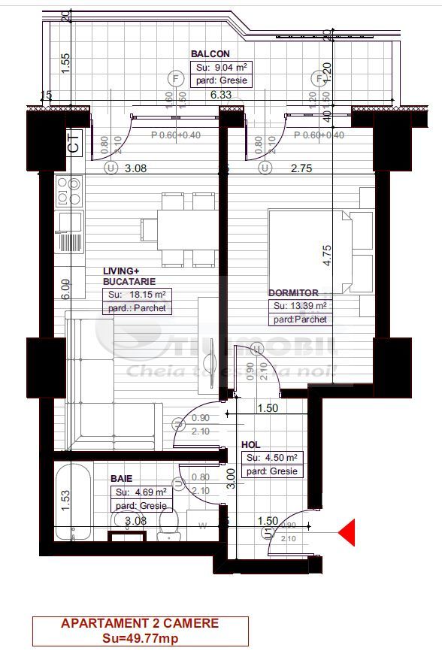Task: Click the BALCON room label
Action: coord(210,54)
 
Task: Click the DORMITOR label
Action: coord(293,292)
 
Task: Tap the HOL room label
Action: coord(251,444)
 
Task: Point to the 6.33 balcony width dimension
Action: coord(221,95)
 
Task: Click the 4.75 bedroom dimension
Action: coord(326,256)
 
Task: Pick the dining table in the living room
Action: coord(186,229)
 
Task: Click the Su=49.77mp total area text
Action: coord(140,638)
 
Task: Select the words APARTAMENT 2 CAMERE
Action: coord(140,623)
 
